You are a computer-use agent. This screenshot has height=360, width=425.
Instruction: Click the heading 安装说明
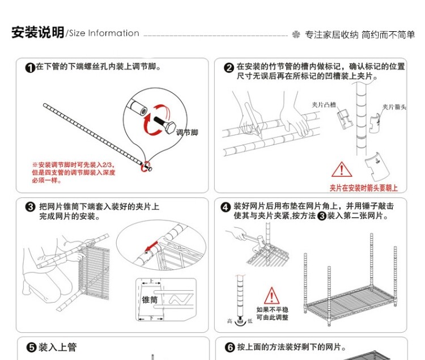37,33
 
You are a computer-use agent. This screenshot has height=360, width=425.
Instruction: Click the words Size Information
104,33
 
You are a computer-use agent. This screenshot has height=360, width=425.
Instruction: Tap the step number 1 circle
31,68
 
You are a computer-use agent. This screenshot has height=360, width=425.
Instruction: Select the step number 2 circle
229,68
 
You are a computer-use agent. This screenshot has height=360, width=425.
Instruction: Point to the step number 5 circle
31,348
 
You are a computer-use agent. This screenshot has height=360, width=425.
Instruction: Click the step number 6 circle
230,348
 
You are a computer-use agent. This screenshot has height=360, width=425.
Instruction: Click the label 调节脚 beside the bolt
187,133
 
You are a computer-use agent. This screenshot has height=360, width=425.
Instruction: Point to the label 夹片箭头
394,107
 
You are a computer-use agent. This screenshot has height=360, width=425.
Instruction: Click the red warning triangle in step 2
341,169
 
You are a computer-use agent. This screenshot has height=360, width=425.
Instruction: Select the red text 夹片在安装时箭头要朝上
363,188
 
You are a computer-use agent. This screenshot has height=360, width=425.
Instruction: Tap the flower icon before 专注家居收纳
296,35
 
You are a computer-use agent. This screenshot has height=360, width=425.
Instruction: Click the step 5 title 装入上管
57,348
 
